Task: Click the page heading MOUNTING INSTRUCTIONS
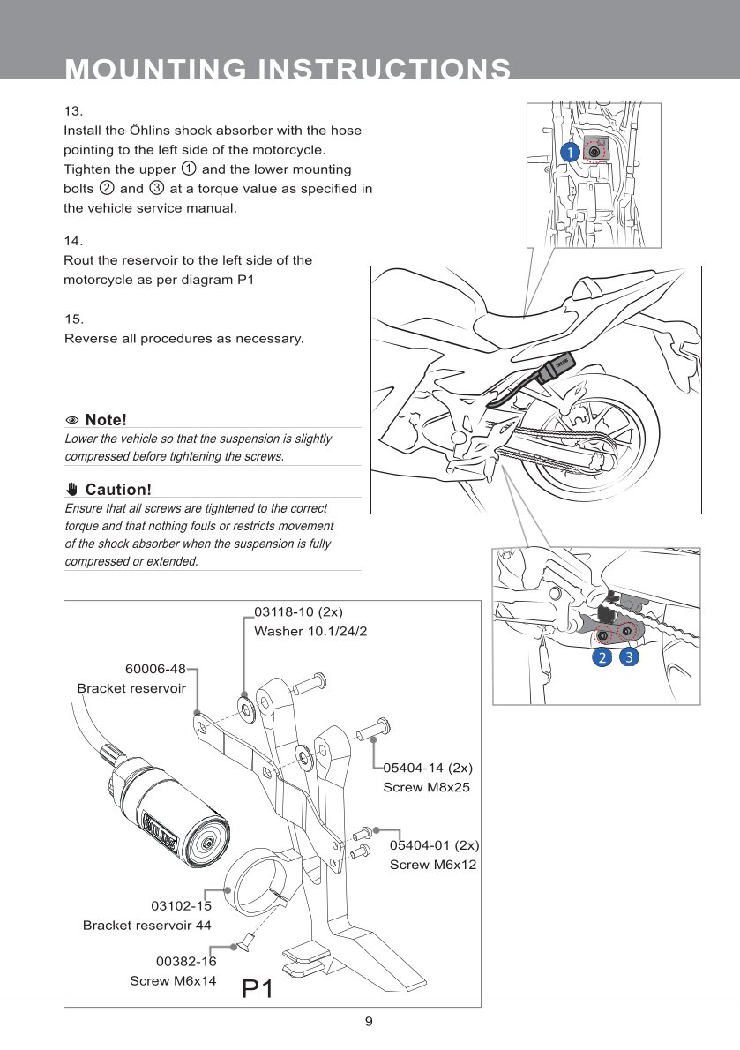[x=288, y=69]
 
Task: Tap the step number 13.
[x=74, y=111]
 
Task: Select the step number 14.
[x=74, y=241]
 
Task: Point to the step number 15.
[x=74, y=319]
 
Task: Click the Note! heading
[x=105, y=419]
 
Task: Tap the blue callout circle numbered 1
[x=571, y=152]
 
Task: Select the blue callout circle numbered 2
[x=602, y=657]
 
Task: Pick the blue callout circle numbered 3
[x=629, y=657]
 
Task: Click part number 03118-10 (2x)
[x=298, y=611]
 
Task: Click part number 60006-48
[x=155, y=669]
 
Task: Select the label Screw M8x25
[x=426, y=787]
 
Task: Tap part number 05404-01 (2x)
[x=434, y=845]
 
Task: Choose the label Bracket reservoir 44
[x=146, y=925]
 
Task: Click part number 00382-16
[x=186, y=962]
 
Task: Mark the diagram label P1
[x=258, y=989]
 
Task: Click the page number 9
[x=370, y=1022]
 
